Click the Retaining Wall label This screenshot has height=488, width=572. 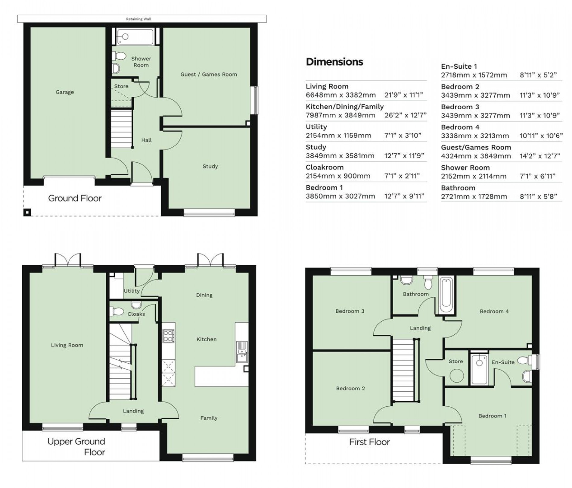[138, 19]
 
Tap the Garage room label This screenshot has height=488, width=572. [65, 92]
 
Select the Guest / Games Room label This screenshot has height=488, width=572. [209, 74]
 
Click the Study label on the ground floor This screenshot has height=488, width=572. [210, 166]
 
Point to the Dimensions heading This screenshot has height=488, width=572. [334, 62]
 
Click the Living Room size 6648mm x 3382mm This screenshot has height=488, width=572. [340, 95]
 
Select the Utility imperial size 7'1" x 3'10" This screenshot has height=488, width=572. [403, 136]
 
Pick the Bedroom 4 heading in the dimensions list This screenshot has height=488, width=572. [460, 127]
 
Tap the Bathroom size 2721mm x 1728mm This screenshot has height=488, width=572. [474, 197]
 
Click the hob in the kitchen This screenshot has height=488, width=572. [168, 336]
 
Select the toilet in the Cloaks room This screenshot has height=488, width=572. [117, 311]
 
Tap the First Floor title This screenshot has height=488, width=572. [369, 442]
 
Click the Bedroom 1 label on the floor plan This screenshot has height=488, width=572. [492, 416]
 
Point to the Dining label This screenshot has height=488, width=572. [204, 295]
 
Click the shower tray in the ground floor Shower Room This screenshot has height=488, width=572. [135, 37]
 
